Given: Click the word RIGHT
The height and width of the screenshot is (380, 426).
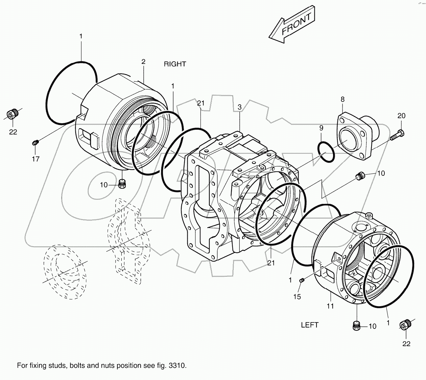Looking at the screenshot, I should click(x=175, y=64).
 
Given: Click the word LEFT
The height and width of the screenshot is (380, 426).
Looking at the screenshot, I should click(x=310, y=325).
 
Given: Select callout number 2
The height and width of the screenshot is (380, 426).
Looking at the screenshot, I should click(x=143, y=62).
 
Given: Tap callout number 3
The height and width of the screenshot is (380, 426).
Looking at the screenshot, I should click(x=239, y=107).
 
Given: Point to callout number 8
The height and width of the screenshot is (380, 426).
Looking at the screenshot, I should click(x=342, y=100).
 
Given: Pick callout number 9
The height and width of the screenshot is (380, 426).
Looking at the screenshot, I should click(x=321, y=128).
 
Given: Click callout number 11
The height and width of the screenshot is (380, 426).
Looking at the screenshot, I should click(x=330, y=306).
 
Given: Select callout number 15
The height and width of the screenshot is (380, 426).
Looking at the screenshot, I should click(x=297, y=296).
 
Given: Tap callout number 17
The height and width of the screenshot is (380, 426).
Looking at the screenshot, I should click(x=35, y=159).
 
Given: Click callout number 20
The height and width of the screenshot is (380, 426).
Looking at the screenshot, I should click(x=401, y=116).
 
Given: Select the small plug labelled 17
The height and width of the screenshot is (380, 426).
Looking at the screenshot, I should click(x=35, y=143).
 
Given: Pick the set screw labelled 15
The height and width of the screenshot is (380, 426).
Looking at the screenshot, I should click(x=302, y=280).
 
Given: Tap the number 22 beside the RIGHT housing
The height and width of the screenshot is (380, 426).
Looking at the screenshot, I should click(x=13, y=132).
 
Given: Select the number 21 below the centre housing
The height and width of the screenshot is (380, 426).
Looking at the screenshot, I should click(x=271, y=262).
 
